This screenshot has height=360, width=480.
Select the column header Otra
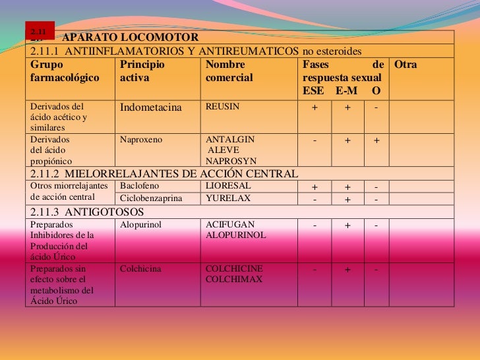(405, 65)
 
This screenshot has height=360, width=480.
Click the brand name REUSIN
(223, 106)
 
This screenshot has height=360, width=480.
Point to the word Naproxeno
(140, 140)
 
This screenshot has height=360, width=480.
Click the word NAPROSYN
(231, 161)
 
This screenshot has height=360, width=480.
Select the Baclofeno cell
(140, 186)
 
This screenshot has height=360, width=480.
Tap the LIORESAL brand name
(228, 186)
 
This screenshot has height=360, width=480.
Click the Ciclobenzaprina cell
(151, 198)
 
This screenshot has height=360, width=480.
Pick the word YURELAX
(228, 198)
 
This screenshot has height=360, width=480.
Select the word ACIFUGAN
(230, 225)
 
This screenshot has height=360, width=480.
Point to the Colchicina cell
(141, 269)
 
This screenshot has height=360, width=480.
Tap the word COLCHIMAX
(234, 280)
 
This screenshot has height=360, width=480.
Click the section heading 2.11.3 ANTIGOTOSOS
(87, 212)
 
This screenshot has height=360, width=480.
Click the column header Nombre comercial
(229, 71)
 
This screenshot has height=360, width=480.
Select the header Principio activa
(142, 71)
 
